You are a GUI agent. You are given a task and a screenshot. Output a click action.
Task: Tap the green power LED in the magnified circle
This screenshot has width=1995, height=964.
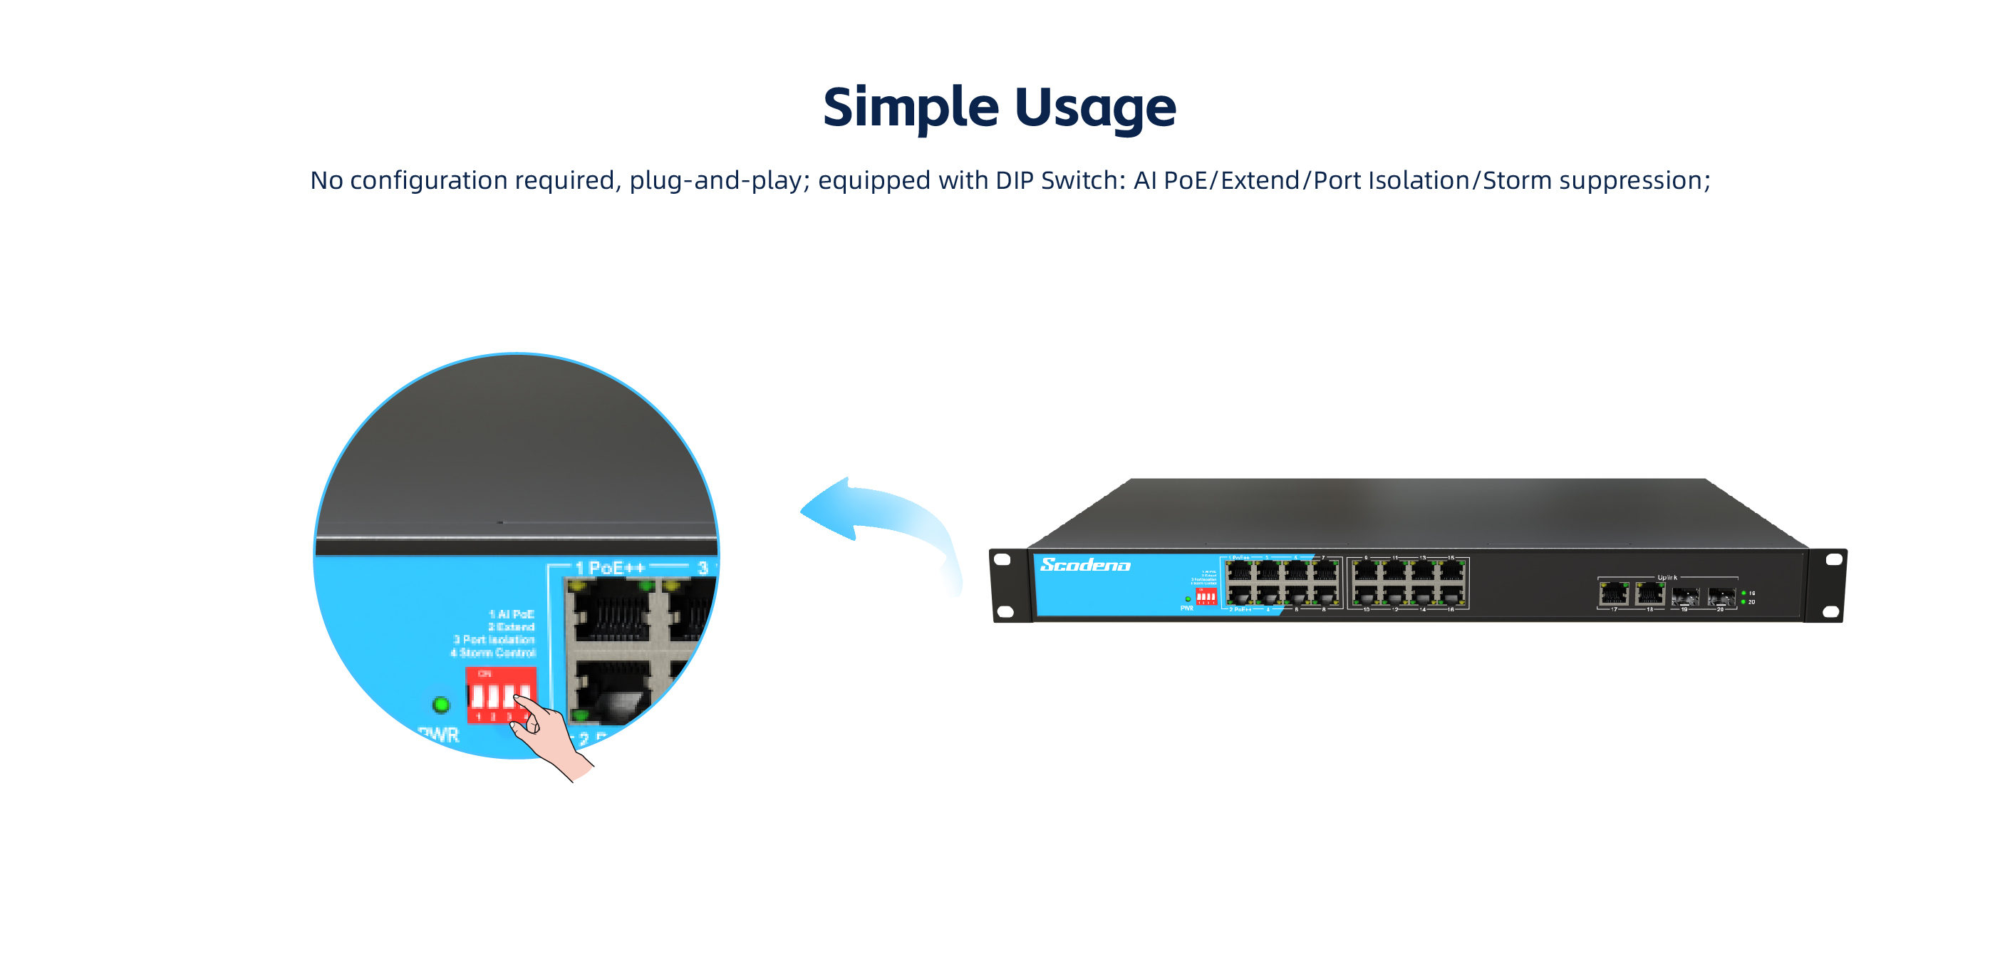(x=440, y=705)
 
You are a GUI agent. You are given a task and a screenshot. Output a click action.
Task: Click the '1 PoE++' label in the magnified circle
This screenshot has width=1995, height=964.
(x=609, y=569)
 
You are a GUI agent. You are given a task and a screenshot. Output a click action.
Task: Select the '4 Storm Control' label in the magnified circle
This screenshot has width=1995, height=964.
(x=492, y=653)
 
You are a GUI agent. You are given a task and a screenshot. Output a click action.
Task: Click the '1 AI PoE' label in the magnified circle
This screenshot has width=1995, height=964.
(x=511, y=614)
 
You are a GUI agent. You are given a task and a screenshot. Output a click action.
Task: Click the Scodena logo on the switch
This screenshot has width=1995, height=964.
(x=1085, y=565)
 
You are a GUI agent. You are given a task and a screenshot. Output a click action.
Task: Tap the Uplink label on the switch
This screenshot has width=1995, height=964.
(x=1667, y=578)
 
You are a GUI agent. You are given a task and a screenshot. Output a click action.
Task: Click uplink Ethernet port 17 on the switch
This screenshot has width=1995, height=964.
(x=1613, y=594)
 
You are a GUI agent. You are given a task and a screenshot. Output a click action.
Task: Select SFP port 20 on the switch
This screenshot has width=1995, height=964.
(x=1721, y=596)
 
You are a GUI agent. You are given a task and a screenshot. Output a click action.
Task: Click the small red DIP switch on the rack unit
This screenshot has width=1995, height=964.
(x=1206, y=596)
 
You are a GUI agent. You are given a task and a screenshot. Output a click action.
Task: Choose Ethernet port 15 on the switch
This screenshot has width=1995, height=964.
(x=1451, y=572)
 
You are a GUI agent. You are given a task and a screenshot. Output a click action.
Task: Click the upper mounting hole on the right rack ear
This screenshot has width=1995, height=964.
(x=1833, y=559)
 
